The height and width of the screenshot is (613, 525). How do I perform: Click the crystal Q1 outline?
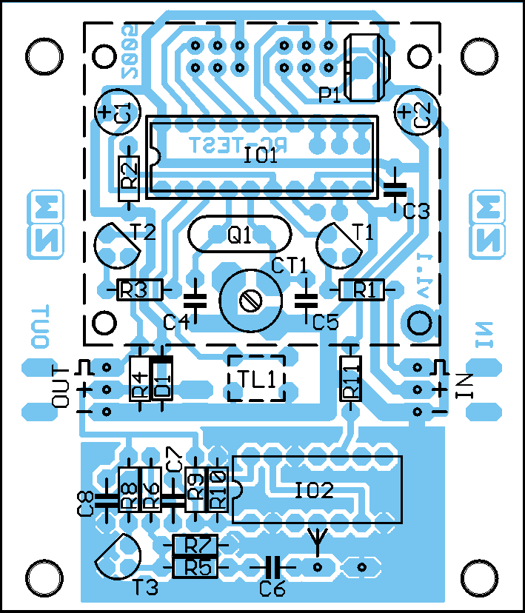tap(238, 235)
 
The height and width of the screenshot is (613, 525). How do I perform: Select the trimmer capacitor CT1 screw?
tap(249, 301)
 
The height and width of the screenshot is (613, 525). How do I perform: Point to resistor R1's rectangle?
tap(362, 289)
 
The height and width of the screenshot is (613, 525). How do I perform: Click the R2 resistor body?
tap(129, 178)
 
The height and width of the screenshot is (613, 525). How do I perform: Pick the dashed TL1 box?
tap(256, 378)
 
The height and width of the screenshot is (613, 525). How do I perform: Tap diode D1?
tap(162, 379)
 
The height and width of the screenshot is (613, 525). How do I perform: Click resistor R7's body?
tap(195, 546)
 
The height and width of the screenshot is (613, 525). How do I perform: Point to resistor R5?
tap(195, 567)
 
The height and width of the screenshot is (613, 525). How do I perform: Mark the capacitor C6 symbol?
tap(272, 567)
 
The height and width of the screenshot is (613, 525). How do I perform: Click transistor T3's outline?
tap(118, 556)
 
